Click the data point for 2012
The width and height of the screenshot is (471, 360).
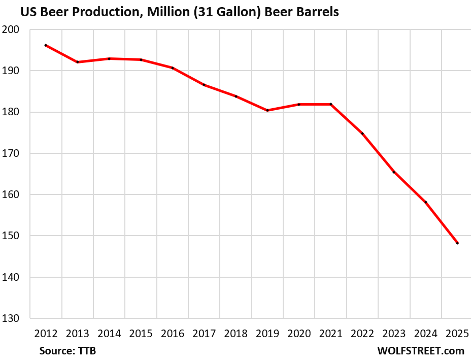click(46, 45)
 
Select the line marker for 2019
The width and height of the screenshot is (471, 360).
click(267, 110)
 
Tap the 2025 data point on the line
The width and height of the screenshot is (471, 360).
click(457, 243)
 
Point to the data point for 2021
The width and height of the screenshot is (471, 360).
click(331, 104)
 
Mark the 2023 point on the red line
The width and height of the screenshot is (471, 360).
click(394, 172)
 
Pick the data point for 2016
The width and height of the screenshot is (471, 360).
click(173, 68)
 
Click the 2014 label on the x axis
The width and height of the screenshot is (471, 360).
click(109, 334)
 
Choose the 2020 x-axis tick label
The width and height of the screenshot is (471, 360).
click(299, 334)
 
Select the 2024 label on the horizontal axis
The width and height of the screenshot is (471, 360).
click(425, 334)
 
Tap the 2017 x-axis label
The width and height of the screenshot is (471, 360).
click(204, 334)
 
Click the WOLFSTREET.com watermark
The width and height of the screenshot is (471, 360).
click(421, 351)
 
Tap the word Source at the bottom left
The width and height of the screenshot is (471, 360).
click(56, 351)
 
